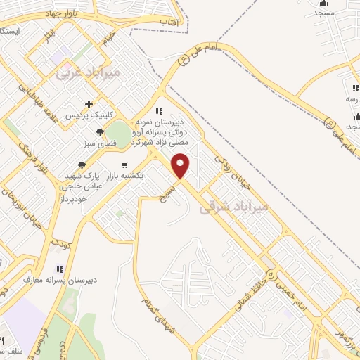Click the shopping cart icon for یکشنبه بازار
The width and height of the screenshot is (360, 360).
point(124,165)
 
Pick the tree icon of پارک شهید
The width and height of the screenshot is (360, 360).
point(82,165)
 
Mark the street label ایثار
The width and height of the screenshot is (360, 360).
point(47,35)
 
